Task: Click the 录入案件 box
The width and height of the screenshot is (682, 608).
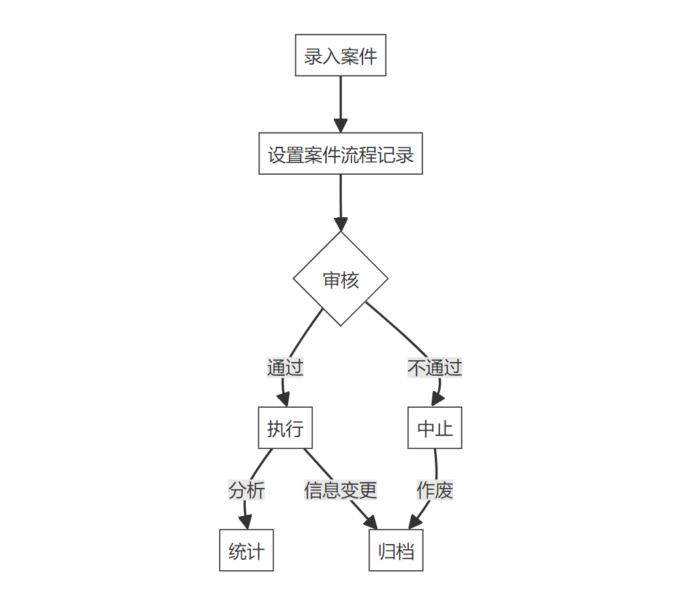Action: click(340, 55)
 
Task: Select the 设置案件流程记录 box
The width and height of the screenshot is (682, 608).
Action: click(340, 155)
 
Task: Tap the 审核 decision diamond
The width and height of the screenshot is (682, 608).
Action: click(340, 279)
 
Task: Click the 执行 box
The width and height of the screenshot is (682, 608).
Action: click(285, 429)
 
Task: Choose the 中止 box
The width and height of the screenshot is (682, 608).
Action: click(435, 429)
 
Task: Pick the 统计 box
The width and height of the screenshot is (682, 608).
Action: click(246, 551)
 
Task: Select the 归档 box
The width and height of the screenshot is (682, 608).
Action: click(396, 551)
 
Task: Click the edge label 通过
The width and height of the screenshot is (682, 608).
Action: click(285, 367)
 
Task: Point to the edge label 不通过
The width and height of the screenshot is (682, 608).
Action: click(435, 367)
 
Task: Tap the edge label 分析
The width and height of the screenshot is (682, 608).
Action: click(246, 489)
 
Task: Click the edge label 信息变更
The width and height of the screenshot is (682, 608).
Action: click(340, 489)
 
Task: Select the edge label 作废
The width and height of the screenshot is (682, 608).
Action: click(435, 489)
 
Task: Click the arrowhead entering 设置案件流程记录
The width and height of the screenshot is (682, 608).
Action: click(340, 126)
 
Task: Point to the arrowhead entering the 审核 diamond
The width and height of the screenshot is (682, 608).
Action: click(340, 224)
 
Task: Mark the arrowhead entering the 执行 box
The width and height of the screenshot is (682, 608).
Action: click(285, 400)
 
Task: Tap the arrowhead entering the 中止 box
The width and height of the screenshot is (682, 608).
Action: click(435, 400)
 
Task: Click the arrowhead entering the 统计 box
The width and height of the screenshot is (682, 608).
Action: click(246, 522)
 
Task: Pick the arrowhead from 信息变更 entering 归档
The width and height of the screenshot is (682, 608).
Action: click(372, 523)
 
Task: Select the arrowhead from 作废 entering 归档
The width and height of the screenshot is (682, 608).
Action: click(413, 523)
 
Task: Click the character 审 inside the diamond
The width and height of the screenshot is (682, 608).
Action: click(332, 280)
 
